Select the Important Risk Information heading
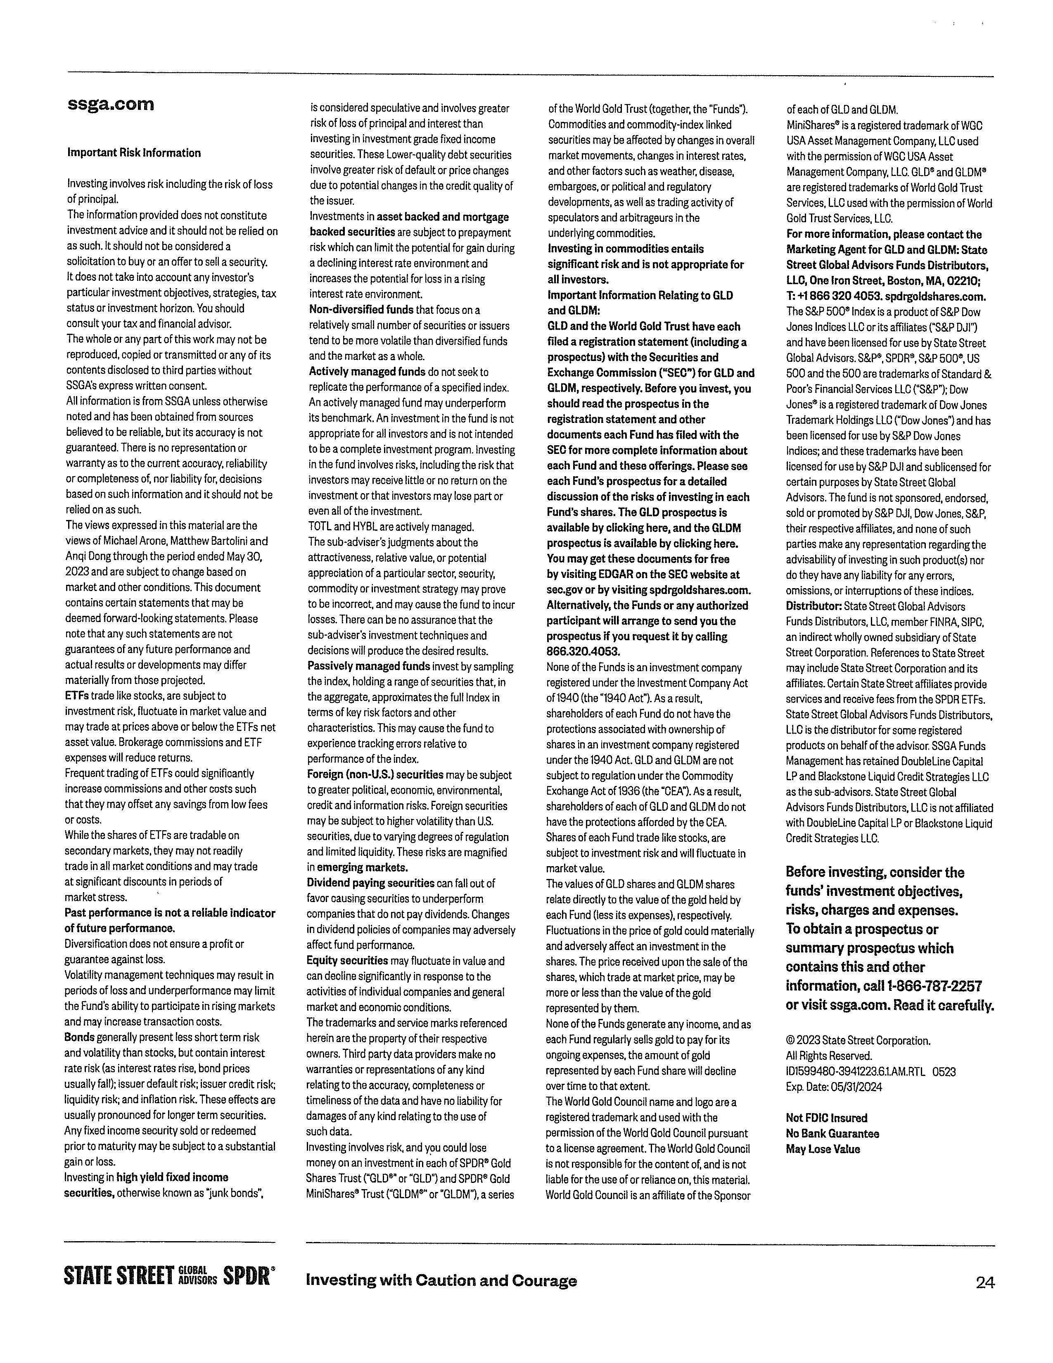tap(134, 153)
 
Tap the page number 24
tap(984, 1282)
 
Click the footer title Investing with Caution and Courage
tap(441, 1281)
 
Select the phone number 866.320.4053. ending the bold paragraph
tap(583, 651)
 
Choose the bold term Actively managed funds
tap(367, 372)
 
